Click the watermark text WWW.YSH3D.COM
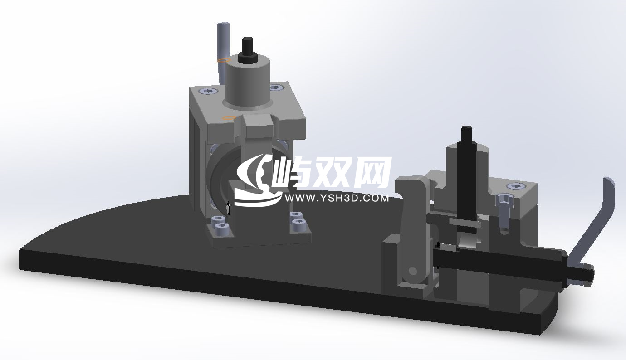tap(336, 198)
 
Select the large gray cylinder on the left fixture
tap(248, 84)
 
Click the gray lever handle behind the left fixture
tap(222, 45)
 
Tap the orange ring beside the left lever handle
tap(222, 59)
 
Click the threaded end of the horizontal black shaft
tap(583, 272)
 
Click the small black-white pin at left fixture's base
tap(228, 209)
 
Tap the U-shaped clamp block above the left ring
tap(257, 129)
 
